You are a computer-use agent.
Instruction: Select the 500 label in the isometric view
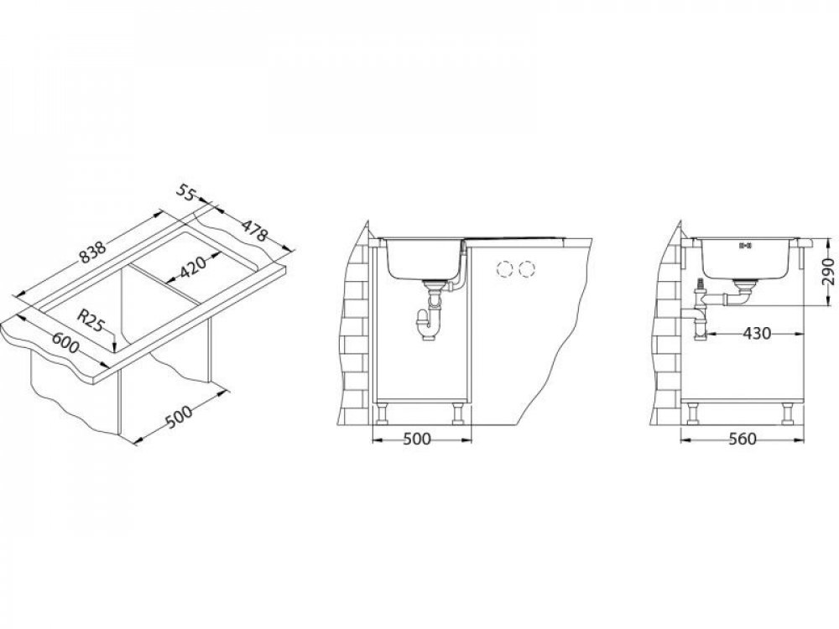[178, 417]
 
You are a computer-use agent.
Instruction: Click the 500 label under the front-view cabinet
[416, 439]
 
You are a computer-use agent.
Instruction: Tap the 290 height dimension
[827, 271]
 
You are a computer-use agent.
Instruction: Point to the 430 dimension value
[757, 334]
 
